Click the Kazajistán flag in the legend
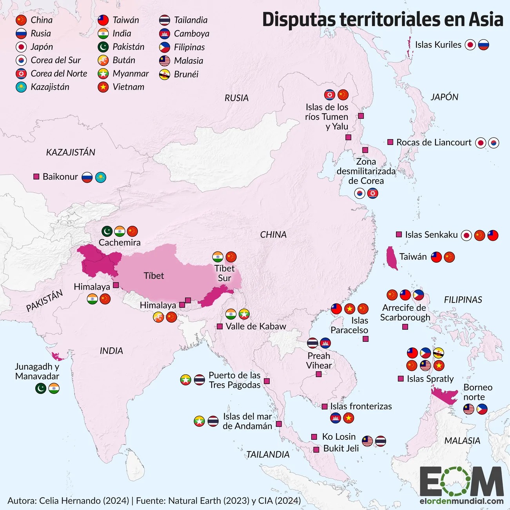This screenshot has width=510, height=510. pos(21,87)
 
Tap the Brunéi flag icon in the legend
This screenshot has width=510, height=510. pos(165,74)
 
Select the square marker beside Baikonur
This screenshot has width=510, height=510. pos(36,177)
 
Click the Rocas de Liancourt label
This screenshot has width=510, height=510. pos(434,142)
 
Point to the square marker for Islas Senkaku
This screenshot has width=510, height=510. pos(399,234)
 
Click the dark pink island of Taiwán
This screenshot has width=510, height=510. pos(391,258)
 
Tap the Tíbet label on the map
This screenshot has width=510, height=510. pos(154,276)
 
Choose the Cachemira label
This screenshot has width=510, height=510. pos(120,243)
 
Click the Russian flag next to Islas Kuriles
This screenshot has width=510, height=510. pos(484,45)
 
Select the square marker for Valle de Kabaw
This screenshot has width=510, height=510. pos(220,326)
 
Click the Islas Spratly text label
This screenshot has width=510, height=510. pos(430,379)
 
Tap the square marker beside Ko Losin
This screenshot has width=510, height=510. pos(314,437)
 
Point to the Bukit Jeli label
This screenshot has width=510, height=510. pos(341,448)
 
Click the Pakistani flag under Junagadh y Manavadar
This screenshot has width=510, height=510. pos(41,388)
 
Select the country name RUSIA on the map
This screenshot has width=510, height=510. pos(236,98)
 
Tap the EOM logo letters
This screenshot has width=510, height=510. pos(461,481)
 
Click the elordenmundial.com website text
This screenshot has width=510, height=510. pos(461,501)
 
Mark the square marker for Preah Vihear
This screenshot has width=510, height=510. pos(319,374)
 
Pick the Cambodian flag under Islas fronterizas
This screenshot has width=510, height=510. pos(336,418)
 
